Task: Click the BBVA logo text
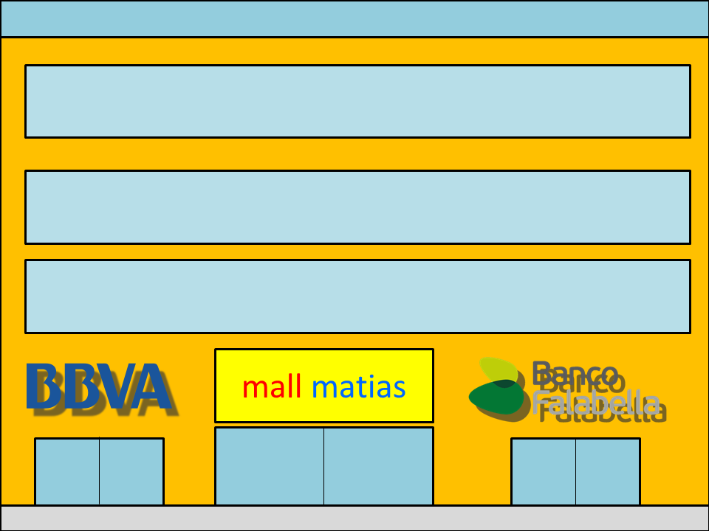pyautogui.click(x=98, y=386)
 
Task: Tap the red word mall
pyautogui.click(x=272, y=386)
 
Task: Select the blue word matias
pyautogui.click(x=358, y=386)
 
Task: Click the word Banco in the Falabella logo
pyautogui.click(x=575, y=375)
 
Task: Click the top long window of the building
pyautogui.click(x=357, y=101)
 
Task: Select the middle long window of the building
pyautogui.click(x=357, y=206)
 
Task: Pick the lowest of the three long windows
pyautogui.click(x=357, y=296)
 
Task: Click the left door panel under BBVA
pyautogui.click(x=67, y=472)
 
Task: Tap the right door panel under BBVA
pyautogui.click(x=131, y=472)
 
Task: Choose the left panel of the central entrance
pyautogui.click(x=270, y=466)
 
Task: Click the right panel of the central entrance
pyautogui.click(x=378, y=466)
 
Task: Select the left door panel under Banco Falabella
pyautogui.click(x=544, y=472)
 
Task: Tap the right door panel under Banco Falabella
pyautogui.click(x=608, y=472)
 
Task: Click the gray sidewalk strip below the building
pyautogui.click(x=354, y=518)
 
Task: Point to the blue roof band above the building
pyautogui.click(x=354, y=18)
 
